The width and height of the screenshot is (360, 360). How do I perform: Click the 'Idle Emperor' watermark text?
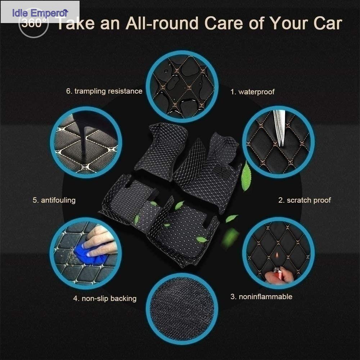[x=40, y=13]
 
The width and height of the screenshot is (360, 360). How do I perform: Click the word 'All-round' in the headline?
[x=162, y=23]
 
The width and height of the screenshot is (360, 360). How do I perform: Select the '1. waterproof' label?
[x=252, y=92]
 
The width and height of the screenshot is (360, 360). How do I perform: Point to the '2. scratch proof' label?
[x=305, y=200]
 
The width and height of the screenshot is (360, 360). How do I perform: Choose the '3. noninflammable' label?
[x=261, y=297]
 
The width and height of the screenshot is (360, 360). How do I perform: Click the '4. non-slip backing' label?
[x=105, y=298]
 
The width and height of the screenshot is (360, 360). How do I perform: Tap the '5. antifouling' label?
[x=54, y=200]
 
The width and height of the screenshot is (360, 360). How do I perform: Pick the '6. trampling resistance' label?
[x=104, y=91]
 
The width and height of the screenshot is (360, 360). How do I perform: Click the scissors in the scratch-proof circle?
[x=279, y=127]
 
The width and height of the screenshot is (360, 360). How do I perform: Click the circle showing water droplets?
[x=182, y=86]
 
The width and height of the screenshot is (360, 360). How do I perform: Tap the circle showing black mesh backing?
[x=182, y=309]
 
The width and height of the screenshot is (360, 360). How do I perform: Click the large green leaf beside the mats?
[x=246, y=176]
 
